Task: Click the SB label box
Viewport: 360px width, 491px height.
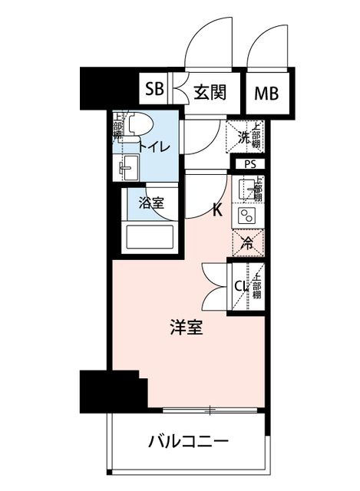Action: click(x=154, y=89)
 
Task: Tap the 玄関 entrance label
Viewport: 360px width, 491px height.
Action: click(x=210, y=92)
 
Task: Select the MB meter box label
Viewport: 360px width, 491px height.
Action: click(x=266, y=94)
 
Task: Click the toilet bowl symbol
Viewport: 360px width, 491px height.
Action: click(x=140, y=124)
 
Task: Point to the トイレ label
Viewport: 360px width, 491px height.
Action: click(x=154, y=147)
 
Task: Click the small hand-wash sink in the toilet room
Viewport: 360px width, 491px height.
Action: click(x=129, y=168)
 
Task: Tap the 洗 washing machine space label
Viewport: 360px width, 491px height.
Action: click(x=243, y=137)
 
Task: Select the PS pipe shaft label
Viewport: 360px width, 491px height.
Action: click(x=250, y=164)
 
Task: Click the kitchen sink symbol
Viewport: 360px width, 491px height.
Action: click(x=246, y=189)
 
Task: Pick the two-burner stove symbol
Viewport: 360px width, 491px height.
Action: click(x=246, y=216)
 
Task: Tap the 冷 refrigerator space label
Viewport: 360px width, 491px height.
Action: click(x=247, y=243)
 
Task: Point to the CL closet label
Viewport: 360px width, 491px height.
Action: click(x=243, y=285)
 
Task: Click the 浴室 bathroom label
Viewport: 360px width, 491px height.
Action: click(x=152, y=203)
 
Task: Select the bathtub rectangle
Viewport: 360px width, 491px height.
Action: click(x=150, y=237)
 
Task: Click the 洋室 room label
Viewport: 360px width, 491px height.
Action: click(x=187, y=327)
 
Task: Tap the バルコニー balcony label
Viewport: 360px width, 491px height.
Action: click(x=189, y=442)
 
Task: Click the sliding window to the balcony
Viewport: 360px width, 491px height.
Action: click(x=210, y=410)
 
